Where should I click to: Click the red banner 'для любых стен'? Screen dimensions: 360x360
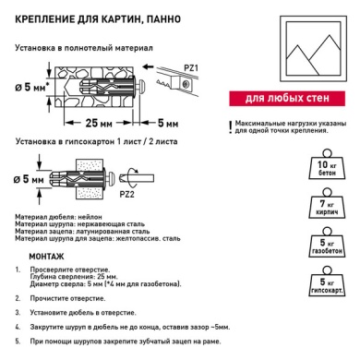pos(287,99)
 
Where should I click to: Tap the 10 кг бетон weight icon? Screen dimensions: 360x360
pos(327,164)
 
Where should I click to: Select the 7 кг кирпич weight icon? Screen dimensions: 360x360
pos(327,204)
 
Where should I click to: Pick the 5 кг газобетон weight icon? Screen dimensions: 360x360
pos(327,243)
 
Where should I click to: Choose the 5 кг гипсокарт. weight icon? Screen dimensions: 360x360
pos(327,282)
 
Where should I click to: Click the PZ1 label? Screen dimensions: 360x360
pos(191,67)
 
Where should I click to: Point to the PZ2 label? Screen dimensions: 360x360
pos(126,194)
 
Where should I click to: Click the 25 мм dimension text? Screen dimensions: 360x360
pos(99,123)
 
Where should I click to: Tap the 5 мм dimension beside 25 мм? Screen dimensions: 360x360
pos(168,123)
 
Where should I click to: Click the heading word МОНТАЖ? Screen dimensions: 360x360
pos(46,257)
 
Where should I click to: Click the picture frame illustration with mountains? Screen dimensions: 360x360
pos(313,49)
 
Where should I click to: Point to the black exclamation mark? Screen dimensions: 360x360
pos(230,127)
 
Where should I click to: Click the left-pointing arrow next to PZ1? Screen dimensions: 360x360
pos(149,66)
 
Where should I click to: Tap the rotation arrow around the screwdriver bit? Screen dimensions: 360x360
pos(133,178)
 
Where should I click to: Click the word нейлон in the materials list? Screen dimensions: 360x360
pos(90,217)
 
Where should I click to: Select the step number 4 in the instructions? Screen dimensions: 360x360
pos(18,327)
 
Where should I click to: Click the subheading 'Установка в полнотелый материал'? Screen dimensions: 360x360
pos(84,48)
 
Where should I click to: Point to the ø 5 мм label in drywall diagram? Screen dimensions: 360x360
pos(29,179)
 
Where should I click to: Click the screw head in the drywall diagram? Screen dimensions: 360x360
pos(111,178)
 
